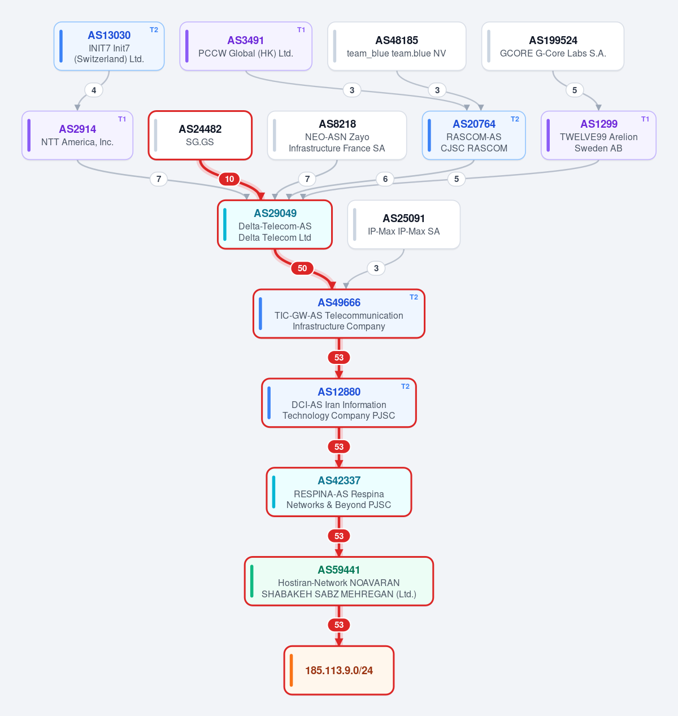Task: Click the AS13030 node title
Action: click(x=109, y=35)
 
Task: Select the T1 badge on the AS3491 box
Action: click(x=301, y=30)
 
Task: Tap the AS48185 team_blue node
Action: click(x=397, y=46)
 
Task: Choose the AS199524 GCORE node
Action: click(x=553, y=46)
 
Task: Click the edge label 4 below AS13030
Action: click(x=94, y=90)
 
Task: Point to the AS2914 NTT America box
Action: click(x=77, y=136)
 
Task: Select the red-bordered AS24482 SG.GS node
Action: click(x=200, y=136)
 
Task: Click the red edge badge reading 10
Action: click(x=229, y=179)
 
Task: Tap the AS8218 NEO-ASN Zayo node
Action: click(x=337, y=136)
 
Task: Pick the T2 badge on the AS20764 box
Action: click(x=515, y=119)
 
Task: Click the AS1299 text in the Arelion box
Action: click(x=599, y=124)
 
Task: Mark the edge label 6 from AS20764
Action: click(x=385, y=179)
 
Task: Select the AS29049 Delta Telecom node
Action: click(x=275, y=225)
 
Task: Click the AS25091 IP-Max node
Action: click(x=403, y=225)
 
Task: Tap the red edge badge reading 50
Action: click(x=302, y=268)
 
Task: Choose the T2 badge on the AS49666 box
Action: click(x=414, y=297)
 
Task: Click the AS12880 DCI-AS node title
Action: click(x=339, y=392)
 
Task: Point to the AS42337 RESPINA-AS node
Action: click(x=339, y=492)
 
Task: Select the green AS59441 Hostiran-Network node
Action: click(x=339, y=582)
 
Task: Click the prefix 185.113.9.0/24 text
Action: click(x=339, y=670)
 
